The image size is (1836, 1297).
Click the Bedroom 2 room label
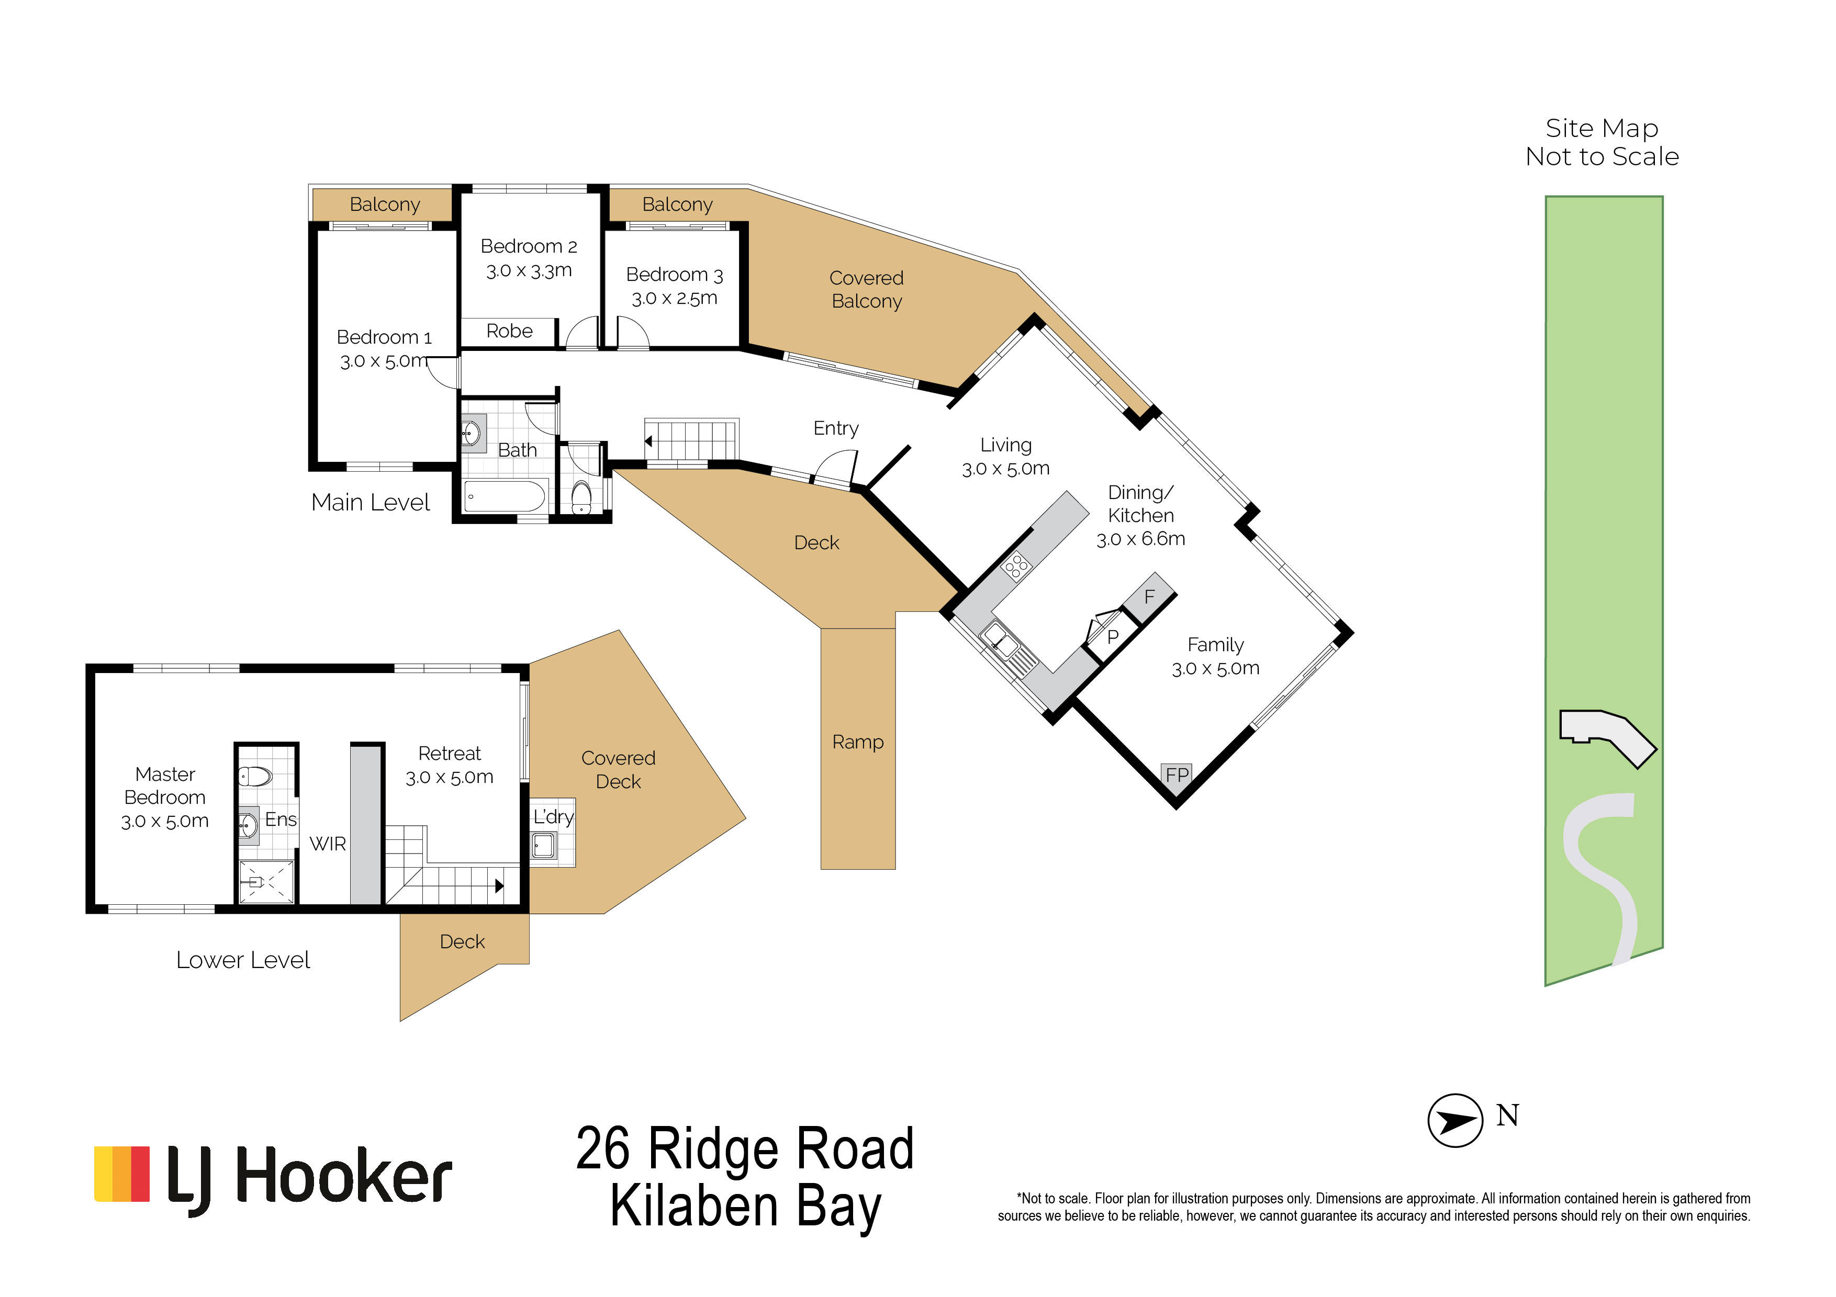tap(529, 246)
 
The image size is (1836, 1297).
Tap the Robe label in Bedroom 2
tap(509, 331)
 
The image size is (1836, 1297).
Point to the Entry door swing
tap(838, 468)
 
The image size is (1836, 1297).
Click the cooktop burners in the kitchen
tap(1017, 566)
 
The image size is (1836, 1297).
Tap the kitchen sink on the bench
tap(997, 639)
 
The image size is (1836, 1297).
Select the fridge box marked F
tap(1149, 597)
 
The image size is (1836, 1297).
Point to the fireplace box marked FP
tap(1177, 775)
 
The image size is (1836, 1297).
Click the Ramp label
tap(857, 742)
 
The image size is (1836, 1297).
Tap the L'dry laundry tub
tap(544, 845)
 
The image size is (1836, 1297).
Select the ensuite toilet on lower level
tap(256, 775)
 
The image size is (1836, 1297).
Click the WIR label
tap(328, 844)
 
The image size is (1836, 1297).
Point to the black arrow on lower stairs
tap(499, 885)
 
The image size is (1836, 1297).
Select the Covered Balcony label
tap(866, 289)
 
